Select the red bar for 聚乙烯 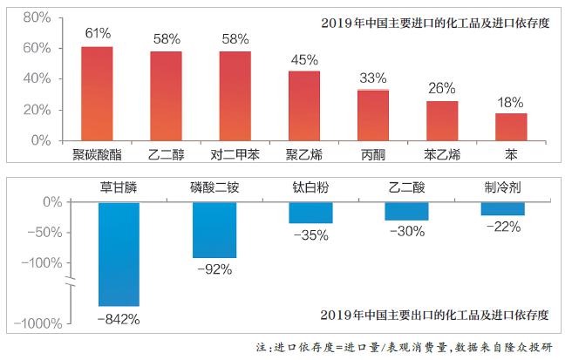303,105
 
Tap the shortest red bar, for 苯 511,126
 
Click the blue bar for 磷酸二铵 214,229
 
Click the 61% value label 97,34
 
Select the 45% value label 303,59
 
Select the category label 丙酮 372,155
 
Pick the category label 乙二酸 406,187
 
